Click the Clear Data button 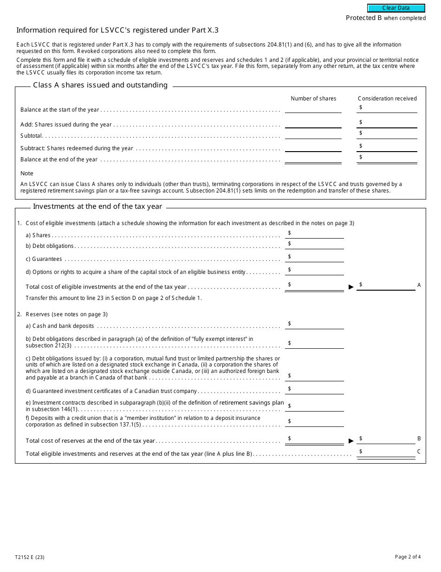pyautogui.click(x=396, y=8)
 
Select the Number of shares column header pyautogui.click(x=313, y=99)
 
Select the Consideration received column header pyautogui.click(x=387, y=99)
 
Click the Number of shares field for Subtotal pyautogui.click(x=313, y=134)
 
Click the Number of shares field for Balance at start pyautogui.click(x=313, y=108)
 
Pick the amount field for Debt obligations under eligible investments pyautogui.click(x=317, y=244)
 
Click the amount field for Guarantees pyautogui.click(x=317, y=257)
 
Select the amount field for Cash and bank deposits pyautogui.click(x=317, y=324)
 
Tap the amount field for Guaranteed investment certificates pyautogui.click(x=317, y=389)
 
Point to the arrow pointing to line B pyautogui.click(x=351, y=440)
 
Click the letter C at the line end pyautogui.click(x=419, y=452)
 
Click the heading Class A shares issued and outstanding pyautogui.click(x=100, y=85)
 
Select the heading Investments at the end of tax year pyautogui.click(x=97, y=206)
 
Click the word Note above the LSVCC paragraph pyautogui.click(x=27, y=173)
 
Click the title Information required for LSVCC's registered pyautogui.click(x=117, y=30)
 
